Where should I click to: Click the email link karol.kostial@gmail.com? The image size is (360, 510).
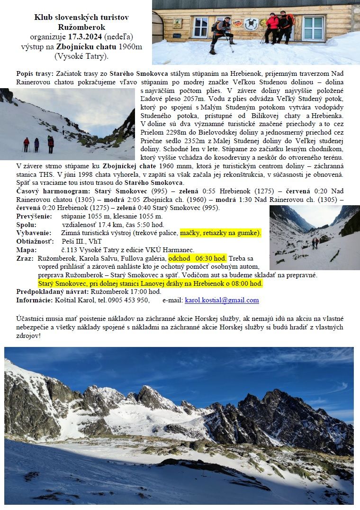(222, 300)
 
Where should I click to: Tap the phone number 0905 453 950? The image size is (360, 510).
(129, 300)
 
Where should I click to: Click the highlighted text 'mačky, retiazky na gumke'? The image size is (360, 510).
(220, 233)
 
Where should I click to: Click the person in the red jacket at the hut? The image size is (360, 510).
(272, 27)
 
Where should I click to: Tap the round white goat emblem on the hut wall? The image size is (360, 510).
(251, 23)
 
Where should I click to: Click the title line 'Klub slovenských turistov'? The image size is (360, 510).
(81, 18)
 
